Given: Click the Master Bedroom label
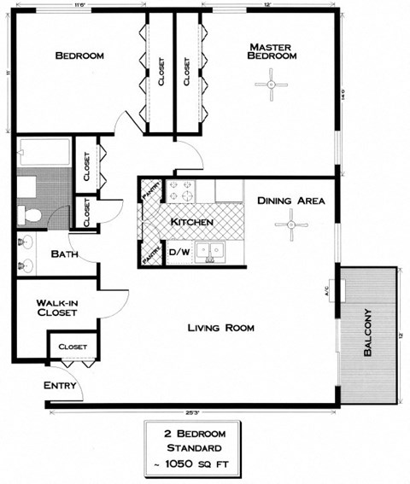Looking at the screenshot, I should pos(272,50).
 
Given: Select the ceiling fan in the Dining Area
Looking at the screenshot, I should pos(290,224).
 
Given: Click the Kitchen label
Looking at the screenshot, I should pos(191,222).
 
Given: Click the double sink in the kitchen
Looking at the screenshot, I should pos(209,251).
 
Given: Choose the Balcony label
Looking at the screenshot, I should pos(368,333).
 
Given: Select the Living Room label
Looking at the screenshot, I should pos(220,327).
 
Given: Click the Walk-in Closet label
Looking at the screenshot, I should pos(57,308).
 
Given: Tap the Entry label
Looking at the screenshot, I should pos(60,385).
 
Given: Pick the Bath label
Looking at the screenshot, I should pos(65,254).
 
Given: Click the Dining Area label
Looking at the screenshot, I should pos(290,201).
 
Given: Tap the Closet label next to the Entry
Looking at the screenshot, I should pos(73,347).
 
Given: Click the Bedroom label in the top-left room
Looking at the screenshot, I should pos(79,55).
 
